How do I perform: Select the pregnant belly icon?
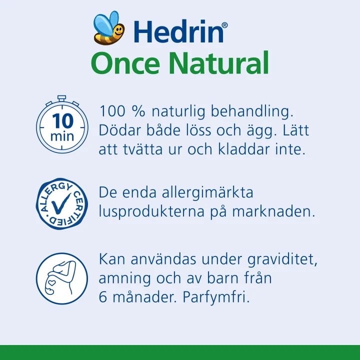point(62,279)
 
